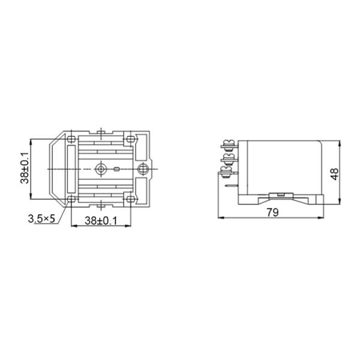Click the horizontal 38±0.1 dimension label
(x=100, y=220)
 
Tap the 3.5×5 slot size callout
(x=41, y=218)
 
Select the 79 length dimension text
(x=273, y=211)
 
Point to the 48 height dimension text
(x=335, y=173)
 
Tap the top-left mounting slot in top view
(x=71, y=140)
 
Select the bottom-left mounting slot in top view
(x=71, y=198)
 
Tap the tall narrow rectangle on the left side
(x=72, y=169)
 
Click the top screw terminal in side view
(x=228, y=145)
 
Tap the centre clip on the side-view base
(x=280, y=194)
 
